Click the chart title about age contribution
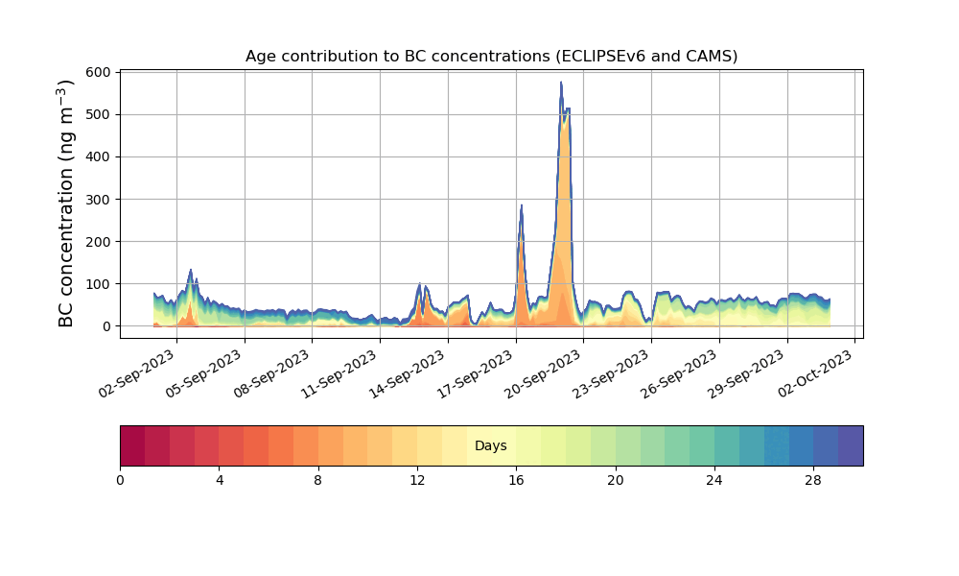click(x=491, y=56)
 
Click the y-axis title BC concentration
click(x=66, y=204)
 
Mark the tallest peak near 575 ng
click(x=561, y=84)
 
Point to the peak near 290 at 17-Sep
click(x=521, y=204)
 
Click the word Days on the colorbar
click(x=491, y=446)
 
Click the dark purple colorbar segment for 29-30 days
click(x=851, y=445)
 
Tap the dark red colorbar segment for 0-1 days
click(x=132, y=445)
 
